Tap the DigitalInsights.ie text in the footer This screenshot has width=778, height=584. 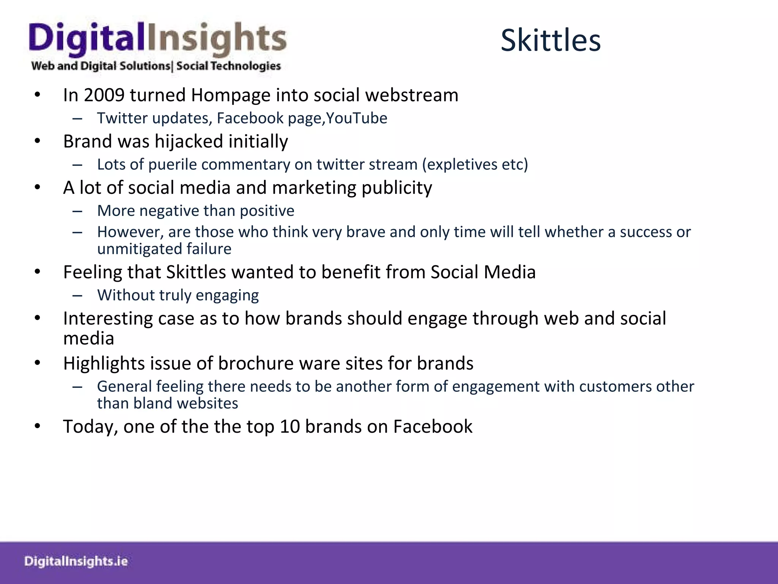coord(76,561)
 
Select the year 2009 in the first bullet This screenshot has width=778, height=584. coord(104,95)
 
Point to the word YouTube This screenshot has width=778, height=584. coord(357,118)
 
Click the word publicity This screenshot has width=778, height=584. coord(397,188)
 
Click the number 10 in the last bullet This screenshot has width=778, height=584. coord(290,427)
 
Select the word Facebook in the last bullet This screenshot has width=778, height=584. coord(433,427)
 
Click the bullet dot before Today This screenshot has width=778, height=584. coord(37,427)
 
